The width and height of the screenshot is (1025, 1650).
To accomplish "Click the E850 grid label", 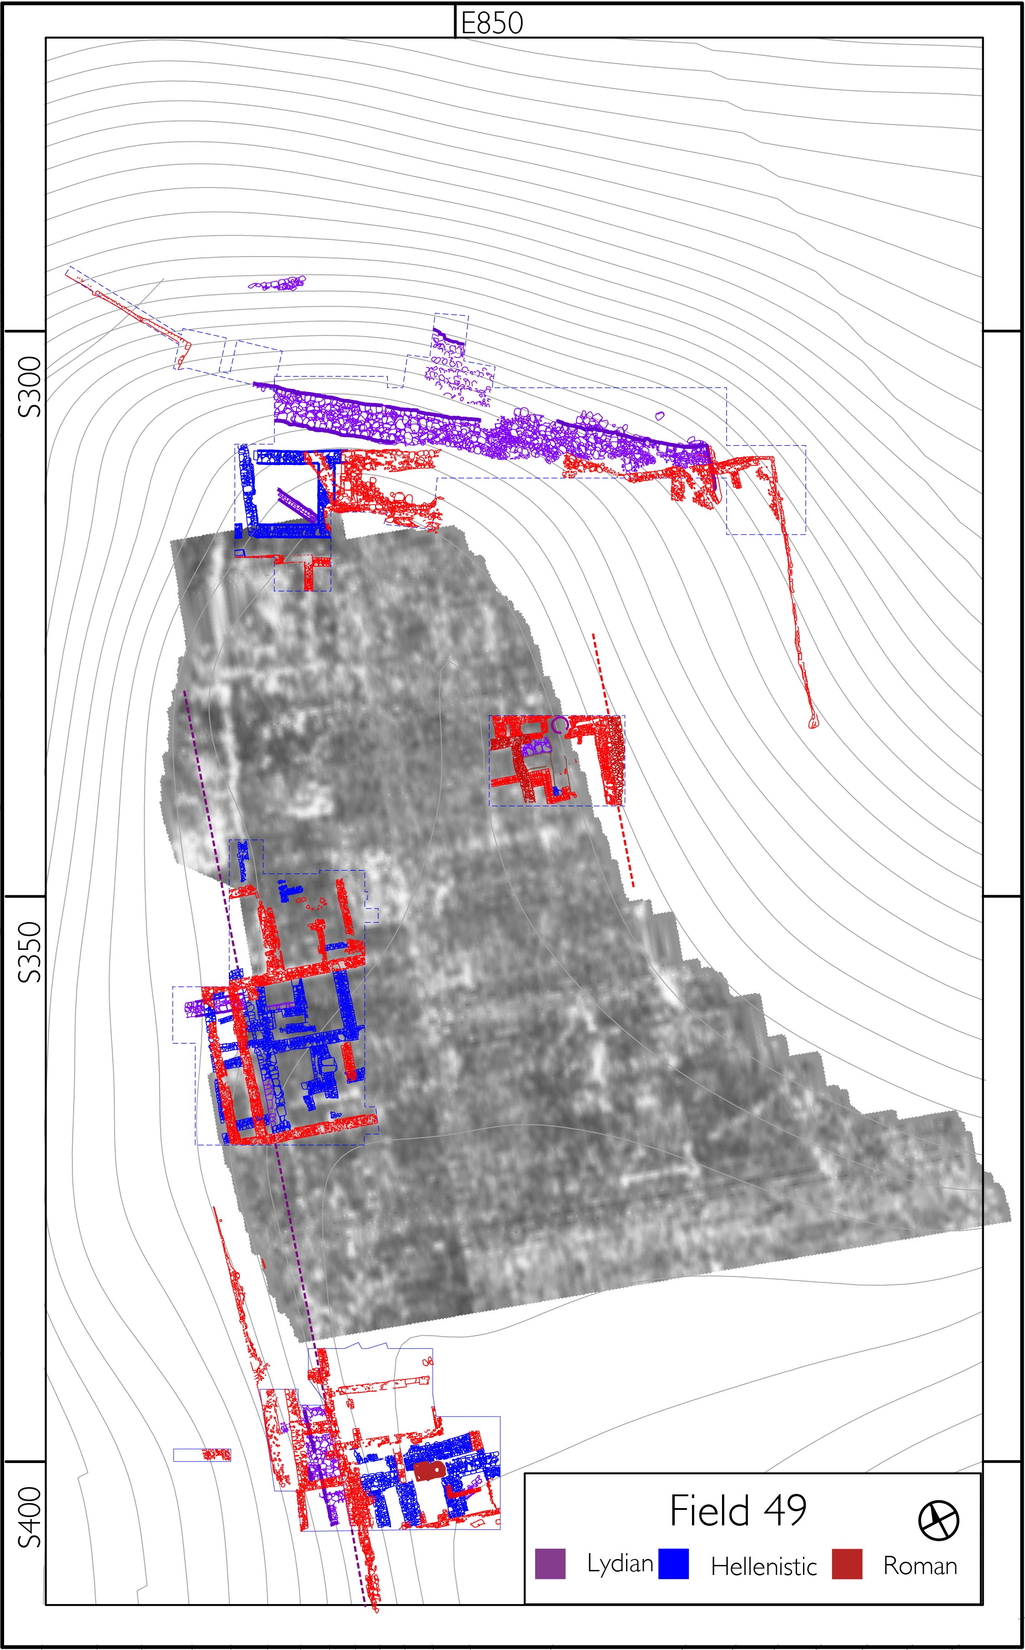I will pyautogui.click(x=491, y=23).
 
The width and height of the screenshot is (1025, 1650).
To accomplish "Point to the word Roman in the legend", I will pyautogui.click(x=919, y=1566).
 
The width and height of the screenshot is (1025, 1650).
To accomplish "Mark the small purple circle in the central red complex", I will pyautogui.click(x=559, y=725).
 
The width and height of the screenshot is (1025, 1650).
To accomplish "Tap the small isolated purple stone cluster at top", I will pyautogui.click(x=277, y=283).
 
